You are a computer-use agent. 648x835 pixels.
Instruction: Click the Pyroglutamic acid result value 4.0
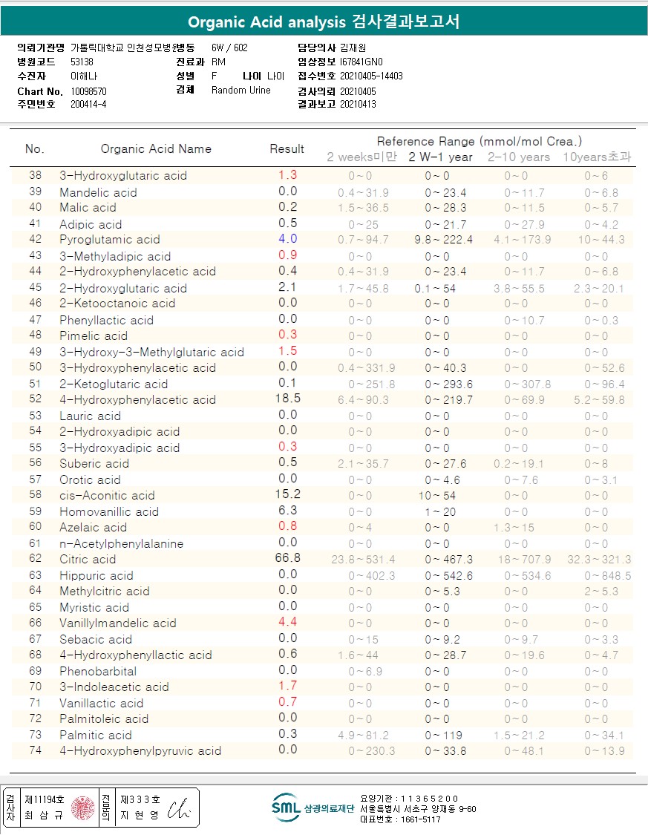(287, 239)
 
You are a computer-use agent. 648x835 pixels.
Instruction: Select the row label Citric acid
(88, 559)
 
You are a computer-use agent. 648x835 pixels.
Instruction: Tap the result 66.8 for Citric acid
(287, 558)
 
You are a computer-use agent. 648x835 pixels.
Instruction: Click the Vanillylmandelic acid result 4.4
(287, 622)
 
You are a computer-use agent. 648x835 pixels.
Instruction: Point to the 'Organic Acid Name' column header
(156, 148)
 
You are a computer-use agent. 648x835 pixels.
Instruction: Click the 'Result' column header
(287, 148)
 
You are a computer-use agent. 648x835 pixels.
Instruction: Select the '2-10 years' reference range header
(519, 157)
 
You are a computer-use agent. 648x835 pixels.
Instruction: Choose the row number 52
(36, 399)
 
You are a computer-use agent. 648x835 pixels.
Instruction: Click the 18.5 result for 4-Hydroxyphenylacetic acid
(287, 399)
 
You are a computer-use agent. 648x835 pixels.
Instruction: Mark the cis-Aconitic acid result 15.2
(287, 494)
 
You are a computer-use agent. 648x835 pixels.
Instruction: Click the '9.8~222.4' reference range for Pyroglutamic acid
(448, 240)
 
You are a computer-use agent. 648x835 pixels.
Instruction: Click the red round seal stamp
(82, 808)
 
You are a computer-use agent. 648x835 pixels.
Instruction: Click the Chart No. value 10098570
(89, 91)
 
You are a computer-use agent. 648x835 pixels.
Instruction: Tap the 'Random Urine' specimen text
(241, 91)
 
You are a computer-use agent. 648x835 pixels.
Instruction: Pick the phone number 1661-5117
(423, 819)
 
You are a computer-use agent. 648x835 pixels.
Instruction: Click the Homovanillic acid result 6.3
(287, 511)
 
